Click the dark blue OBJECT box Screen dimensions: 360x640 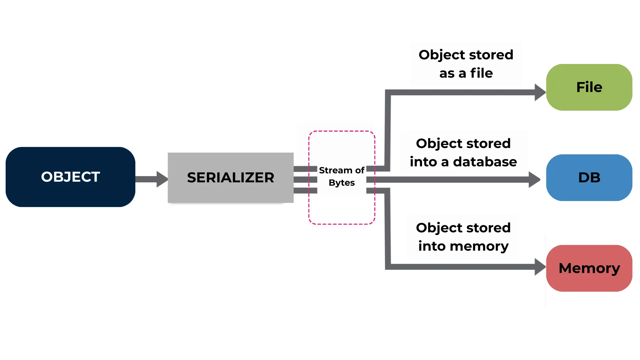coord(70,177)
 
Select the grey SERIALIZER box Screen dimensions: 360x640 coord(230,178)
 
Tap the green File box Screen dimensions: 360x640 coord(589,87)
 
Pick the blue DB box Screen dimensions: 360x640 coord(589,178)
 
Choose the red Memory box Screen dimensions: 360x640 coord(589,268)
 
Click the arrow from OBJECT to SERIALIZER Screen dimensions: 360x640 coord(152,179)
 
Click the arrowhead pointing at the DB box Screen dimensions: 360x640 coord(534,180)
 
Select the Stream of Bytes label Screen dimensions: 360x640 coord(342,176)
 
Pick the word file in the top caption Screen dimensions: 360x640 coord(481,73)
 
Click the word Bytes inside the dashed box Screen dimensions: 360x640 coord(342,183)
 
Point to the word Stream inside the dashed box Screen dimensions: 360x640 coord(335,170)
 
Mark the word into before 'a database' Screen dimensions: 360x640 coord(423,162)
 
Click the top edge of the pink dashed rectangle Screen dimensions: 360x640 coord(342,131)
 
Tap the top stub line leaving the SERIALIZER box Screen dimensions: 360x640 coord(305,169)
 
